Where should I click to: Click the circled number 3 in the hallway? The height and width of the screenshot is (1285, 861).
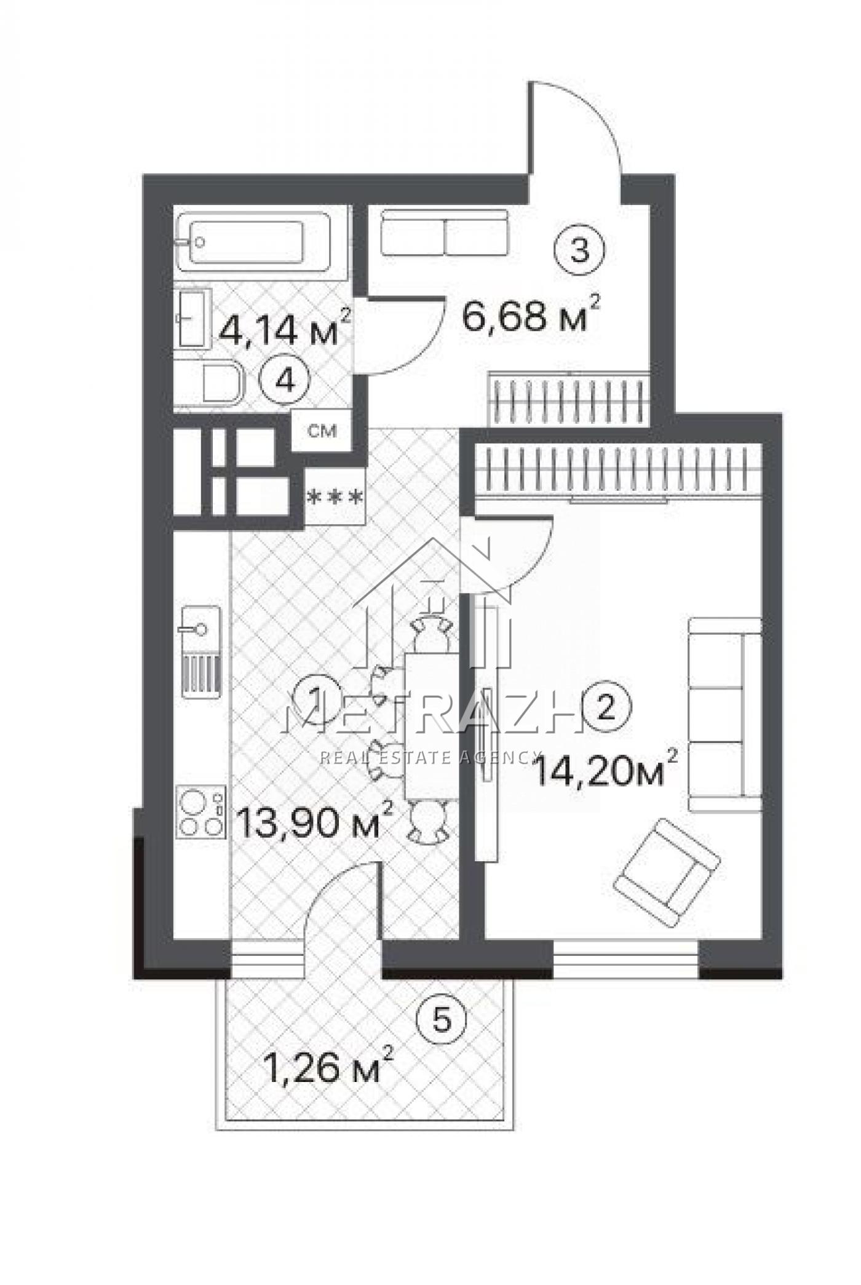(581, 250)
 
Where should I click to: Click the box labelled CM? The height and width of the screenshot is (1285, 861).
(322, 431)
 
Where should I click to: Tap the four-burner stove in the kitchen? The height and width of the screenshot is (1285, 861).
(200, 811)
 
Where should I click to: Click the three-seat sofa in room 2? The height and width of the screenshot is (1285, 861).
(725, 714)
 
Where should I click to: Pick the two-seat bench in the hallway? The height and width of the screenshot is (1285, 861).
(444, 233)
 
